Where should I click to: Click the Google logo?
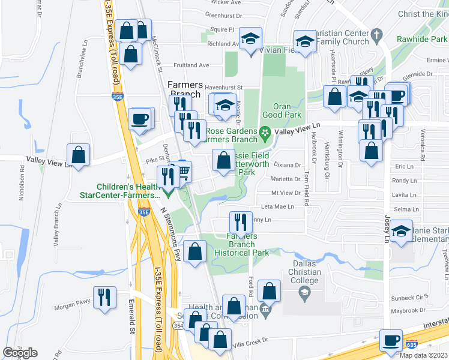click(20, 353)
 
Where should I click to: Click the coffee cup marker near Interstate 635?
click(391, 341)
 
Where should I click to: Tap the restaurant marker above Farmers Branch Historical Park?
click(241, 222)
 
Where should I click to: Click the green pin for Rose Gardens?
click(264, 131)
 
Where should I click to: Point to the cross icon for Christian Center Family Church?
click(377, 34)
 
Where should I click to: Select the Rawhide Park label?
click(422, 39)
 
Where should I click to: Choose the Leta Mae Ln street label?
click(278, 206)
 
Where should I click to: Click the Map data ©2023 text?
click(423, 355)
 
